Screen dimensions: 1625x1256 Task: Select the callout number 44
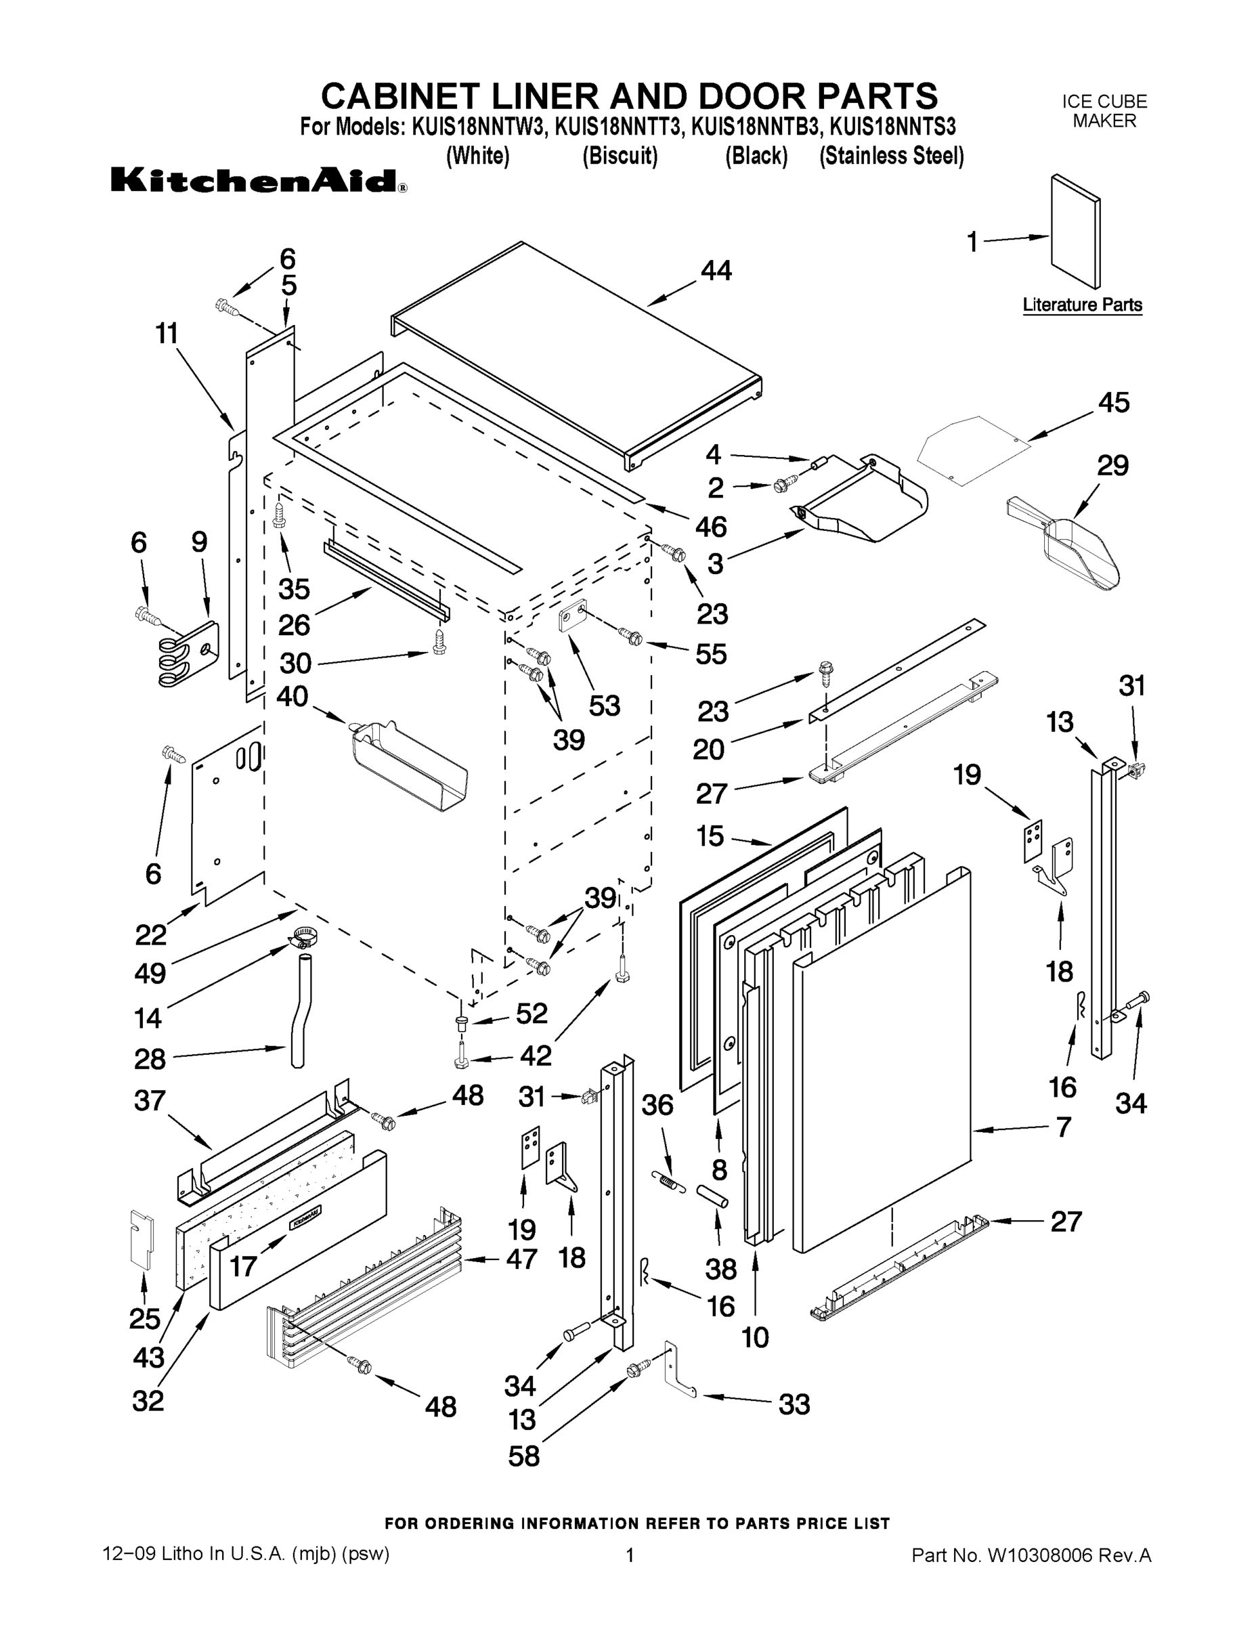[x=716, y=270]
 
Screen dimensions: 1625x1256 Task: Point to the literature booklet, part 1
[x=1075, y=232]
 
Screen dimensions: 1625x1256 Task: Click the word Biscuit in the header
[x=619, y=156]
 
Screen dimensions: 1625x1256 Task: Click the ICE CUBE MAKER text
[x=1104, y=111]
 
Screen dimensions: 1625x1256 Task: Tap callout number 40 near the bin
[x=292, y=697]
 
